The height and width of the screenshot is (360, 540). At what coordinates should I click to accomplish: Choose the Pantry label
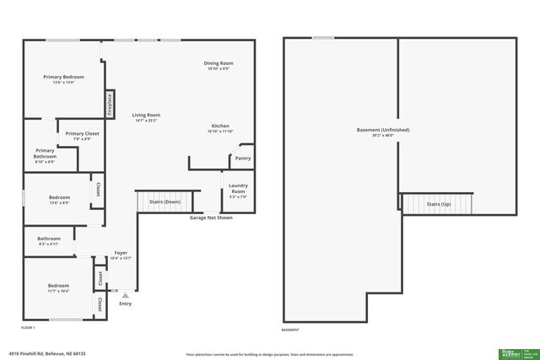click(x=243, y=158)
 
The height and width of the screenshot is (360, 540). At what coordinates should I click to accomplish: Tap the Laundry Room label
click(x=238, y=187)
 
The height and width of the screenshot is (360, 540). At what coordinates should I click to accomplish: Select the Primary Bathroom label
click(x=45, y=153)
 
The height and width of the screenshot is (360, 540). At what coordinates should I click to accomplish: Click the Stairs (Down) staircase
click(x=159, y=202)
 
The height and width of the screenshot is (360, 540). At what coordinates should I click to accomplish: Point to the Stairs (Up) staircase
click(x=438, y=204)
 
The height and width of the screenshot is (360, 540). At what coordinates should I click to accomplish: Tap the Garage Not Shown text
click(x=211, y=217)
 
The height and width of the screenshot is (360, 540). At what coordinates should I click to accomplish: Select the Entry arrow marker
click(x=125, y=296)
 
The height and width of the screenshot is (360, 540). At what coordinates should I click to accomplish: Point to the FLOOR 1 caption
click(x=28, y=327)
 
